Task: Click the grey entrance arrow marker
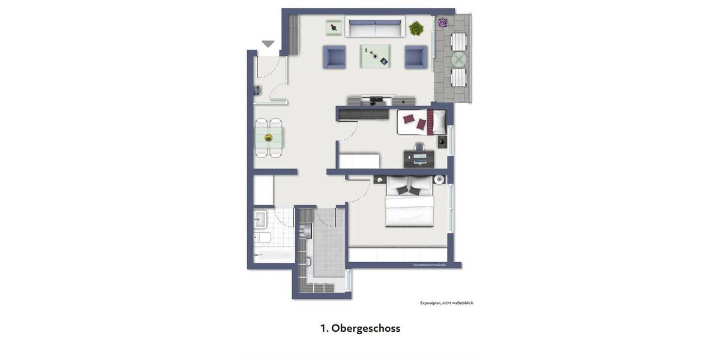268,44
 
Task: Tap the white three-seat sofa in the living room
375,28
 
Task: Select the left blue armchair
334,57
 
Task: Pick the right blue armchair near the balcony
416,57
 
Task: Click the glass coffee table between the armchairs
375,56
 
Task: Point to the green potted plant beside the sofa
416,28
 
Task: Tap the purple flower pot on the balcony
443,23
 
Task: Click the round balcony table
459,59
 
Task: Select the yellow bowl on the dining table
268,139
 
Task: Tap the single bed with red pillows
422,122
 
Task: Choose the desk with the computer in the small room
419,158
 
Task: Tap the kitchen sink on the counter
306,230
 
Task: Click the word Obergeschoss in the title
365,328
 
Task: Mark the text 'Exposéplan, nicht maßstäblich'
446,303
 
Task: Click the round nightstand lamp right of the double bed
440,179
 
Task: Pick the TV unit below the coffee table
380,100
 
